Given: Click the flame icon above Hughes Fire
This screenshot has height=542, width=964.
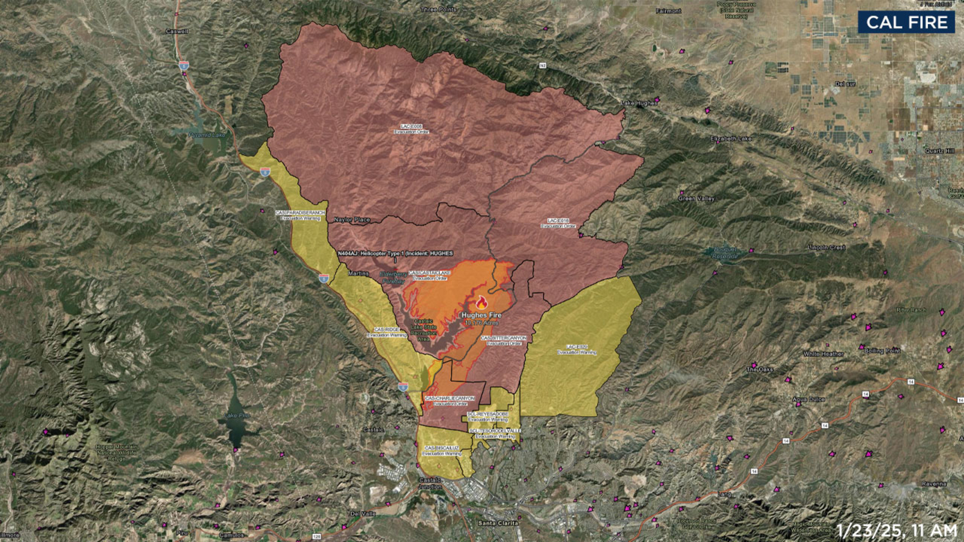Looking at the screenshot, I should (481, 303).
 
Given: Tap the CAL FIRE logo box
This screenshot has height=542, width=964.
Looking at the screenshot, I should (907, 23).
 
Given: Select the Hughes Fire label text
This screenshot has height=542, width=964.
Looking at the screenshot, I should (481, 315).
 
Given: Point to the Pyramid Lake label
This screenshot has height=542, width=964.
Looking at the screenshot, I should (207, 135).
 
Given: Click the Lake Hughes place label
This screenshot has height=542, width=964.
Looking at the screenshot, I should (639, 104).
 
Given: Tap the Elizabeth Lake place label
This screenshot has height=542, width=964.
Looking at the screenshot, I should (731, 139).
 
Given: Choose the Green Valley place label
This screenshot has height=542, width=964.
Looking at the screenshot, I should (696, 198).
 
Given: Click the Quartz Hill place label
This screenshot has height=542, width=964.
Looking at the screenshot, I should (940, 151).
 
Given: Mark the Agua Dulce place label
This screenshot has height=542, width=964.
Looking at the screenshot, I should (809, 399).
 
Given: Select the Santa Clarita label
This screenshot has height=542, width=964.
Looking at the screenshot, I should (498, 523).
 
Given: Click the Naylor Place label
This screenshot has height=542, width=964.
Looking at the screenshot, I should (352, 220).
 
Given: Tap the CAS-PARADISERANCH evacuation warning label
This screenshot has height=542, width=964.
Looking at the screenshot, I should (300, 215).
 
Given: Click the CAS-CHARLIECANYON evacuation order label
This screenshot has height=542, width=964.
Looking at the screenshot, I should (450, 400).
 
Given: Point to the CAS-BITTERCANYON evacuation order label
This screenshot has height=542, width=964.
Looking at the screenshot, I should (504, 340).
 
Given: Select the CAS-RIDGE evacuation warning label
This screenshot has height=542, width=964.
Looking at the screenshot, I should (387, 332).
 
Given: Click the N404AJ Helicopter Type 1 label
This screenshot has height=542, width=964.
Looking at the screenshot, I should (395, 254).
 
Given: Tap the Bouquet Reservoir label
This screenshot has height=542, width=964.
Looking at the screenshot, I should (725, 252).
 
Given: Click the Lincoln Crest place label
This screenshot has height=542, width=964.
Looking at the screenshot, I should (827, 248).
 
